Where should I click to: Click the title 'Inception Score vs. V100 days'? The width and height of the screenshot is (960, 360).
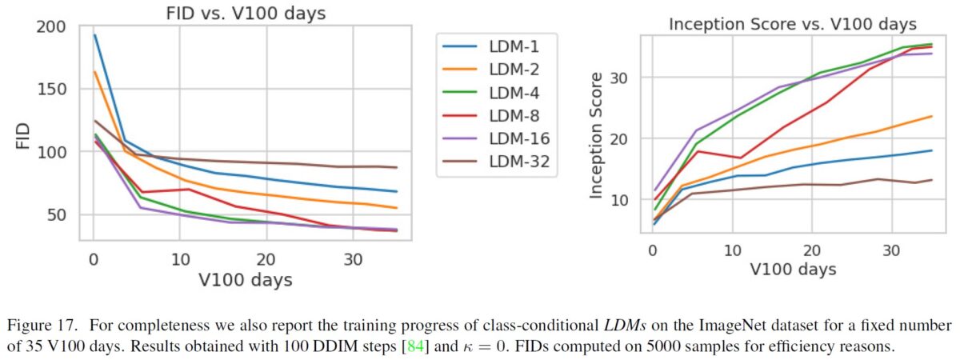point(792,24)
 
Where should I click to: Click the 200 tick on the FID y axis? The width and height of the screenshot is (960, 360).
point(53,27)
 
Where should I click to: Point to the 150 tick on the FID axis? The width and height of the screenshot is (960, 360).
point(53,90)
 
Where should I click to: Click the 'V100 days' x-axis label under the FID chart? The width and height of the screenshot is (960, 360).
point(246,280)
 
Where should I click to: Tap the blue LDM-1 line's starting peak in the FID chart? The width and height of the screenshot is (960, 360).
point(94,35)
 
